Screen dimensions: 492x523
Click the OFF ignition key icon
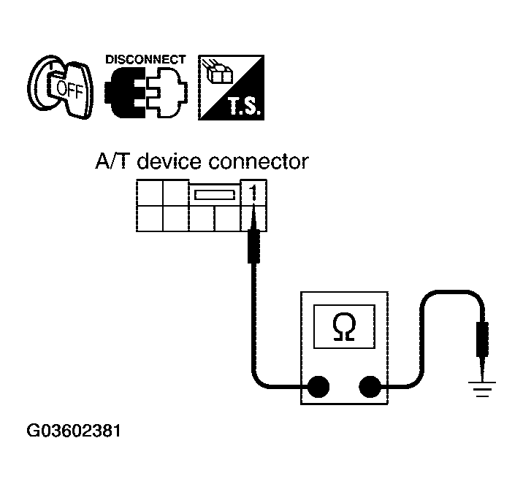tap(61, 87)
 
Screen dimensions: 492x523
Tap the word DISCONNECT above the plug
tap(145, 60)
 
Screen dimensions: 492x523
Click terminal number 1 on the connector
tap(253, 193)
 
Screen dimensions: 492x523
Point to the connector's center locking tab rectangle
tap(214, 195)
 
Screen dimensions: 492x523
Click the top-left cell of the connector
tap(149, 193)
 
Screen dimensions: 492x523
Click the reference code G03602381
tap(74, 431)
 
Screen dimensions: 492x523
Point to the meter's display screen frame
tap(342, 326)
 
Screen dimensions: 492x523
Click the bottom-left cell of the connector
tap(149, 218)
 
